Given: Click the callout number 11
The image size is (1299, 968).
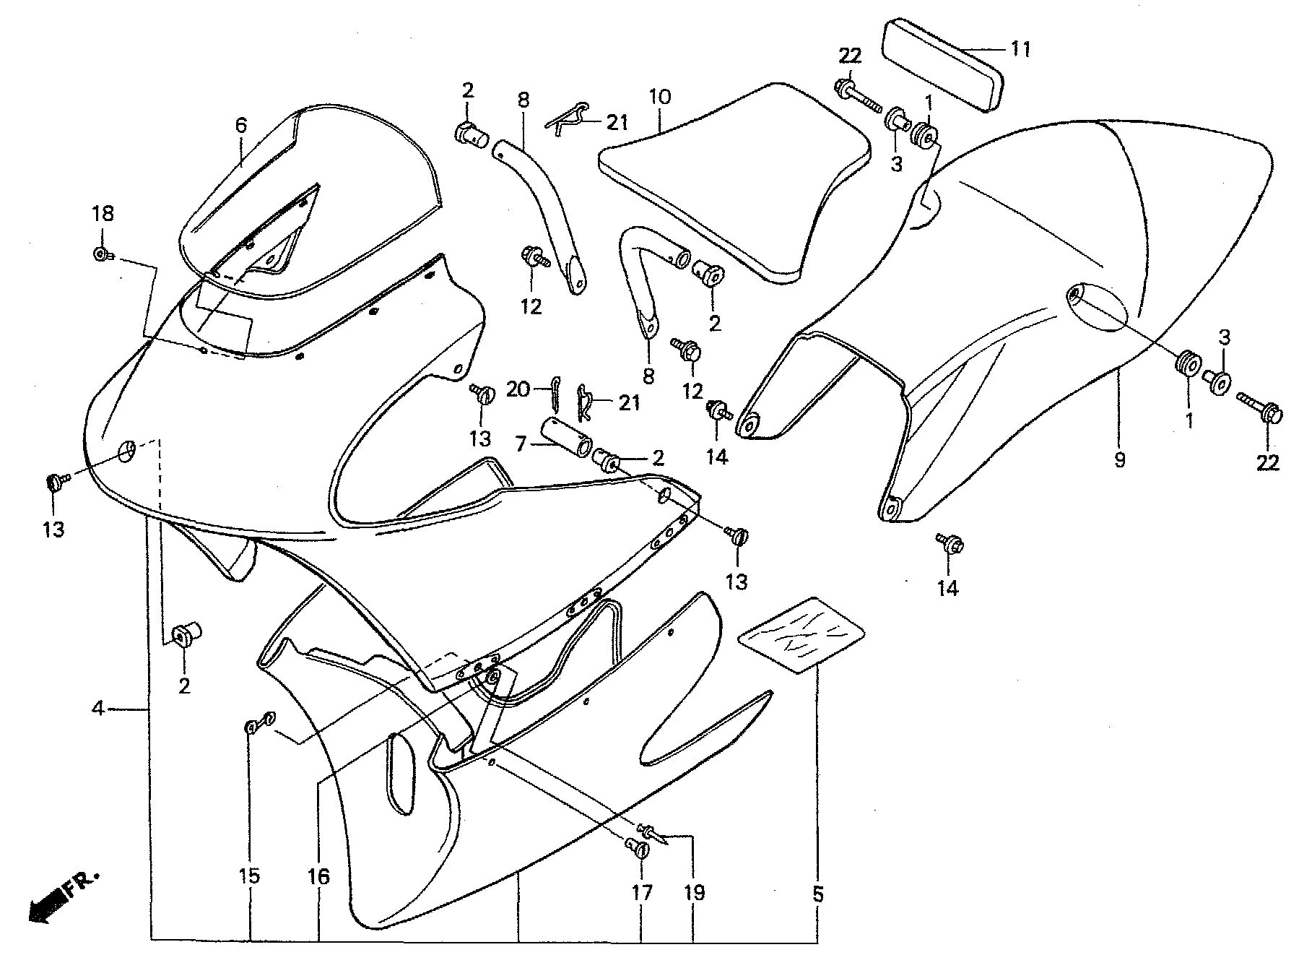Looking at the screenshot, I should pos(1021,49).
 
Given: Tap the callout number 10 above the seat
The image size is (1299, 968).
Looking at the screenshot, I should pos(660,97).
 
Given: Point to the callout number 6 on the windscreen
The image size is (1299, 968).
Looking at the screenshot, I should pos(240,125).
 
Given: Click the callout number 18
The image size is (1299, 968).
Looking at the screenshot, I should pos(102,214).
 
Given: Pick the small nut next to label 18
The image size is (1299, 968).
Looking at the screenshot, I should pos(101,254).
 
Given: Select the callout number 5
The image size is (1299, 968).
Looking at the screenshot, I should pos(817,895).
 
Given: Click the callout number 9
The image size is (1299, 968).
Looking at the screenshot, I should pos(1119,459).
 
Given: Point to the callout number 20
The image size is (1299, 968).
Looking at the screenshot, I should pos(517,390).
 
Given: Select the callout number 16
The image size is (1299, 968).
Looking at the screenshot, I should pos(318,876).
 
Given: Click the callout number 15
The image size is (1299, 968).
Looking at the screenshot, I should pos(251,876).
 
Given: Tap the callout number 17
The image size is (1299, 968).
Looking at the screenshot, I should pos(642,894).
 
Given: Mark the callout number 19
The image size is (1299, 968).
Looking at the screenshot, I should pos(694,894).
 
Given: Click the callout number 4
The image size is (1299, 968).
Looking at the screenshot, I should pos(97,709).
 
